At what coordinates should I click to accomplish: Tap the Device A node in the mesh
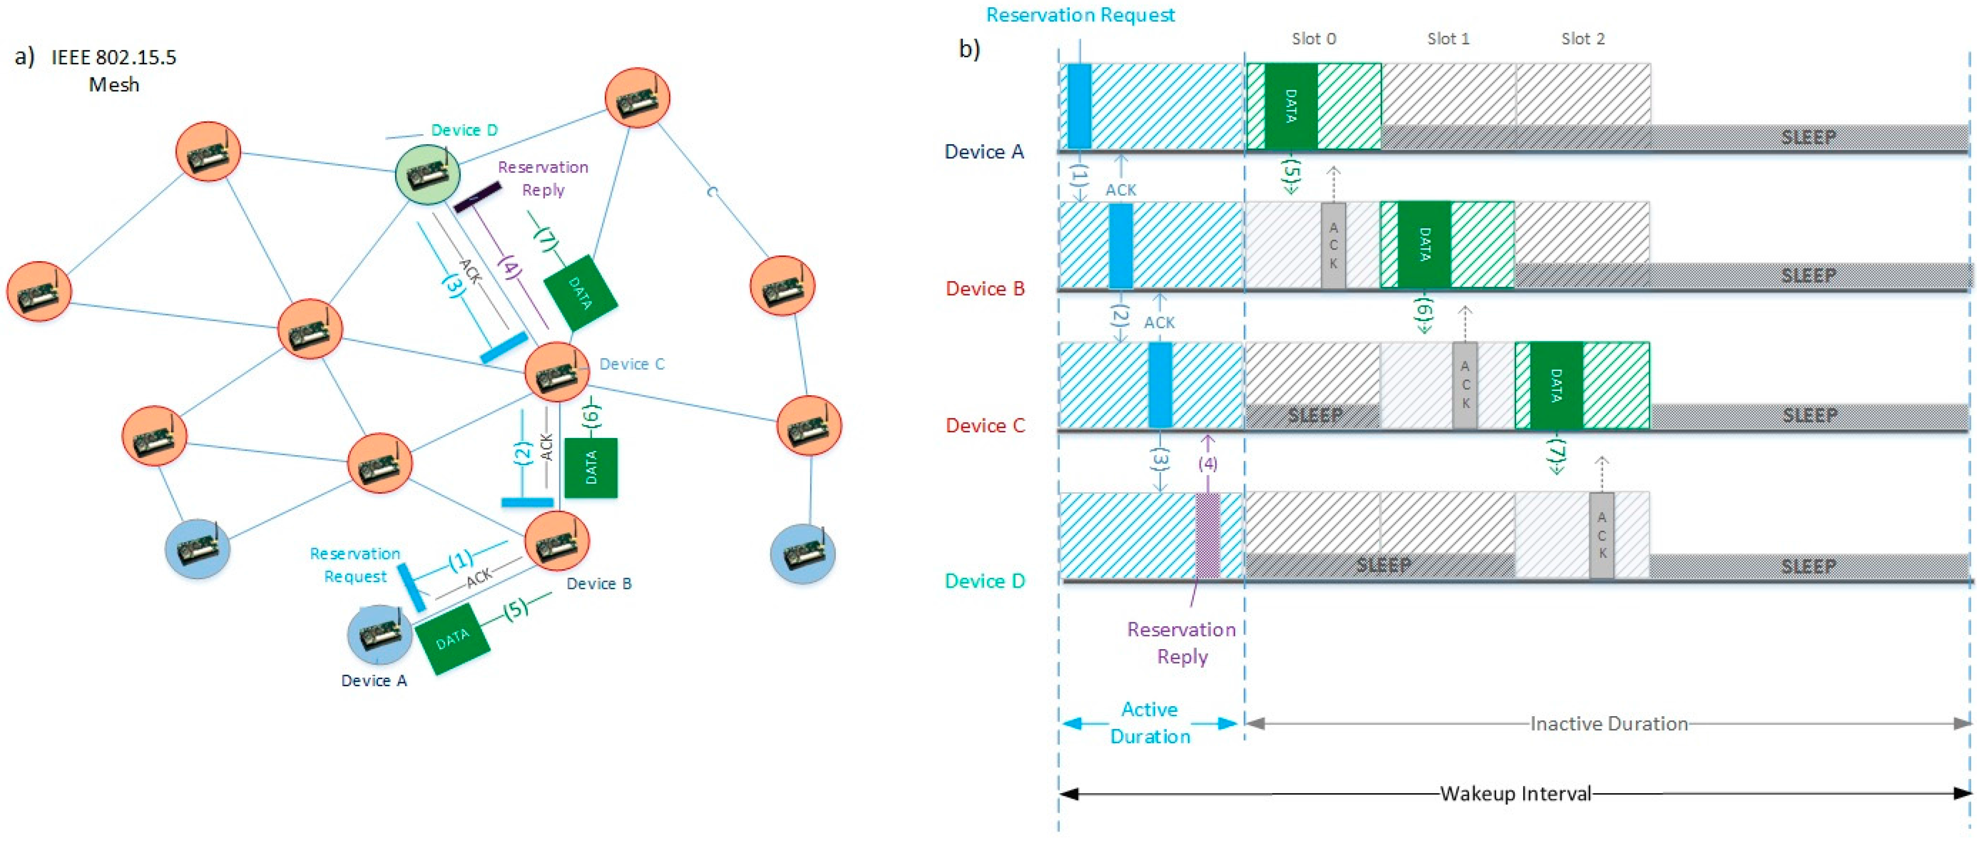coord(379,634)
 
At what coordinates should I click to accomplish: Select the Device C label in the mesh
coord(632,364)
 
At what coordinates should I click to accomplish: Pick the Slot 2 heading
coord(1582,38)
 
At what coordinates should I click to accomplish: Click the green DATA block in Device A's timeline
coord(1291,106)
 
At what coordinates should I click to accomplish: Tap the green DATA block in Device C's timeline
coord(1556,385)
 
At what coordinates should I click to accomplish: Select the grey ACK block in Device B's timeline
coord(1333,246)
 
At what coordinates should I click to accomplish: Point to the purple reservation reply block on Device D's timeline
coord(1207,535)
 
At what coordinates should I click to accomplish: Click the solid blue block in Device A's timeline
coord(1079,106)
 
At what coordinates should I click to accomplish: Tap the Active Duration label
coord(1150,722)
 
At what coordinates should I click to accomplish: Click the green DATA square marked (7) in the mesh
coord(580,293)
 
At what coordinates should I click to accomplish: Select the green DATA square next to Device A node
coord(453,639)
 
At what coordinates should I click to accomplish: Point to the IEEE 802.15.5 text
coord(114,58)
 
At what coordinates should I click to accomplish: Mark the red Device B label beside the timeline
coord(985,289)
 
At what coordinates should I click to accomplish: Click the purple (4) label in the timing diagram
coord(1207,463)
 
